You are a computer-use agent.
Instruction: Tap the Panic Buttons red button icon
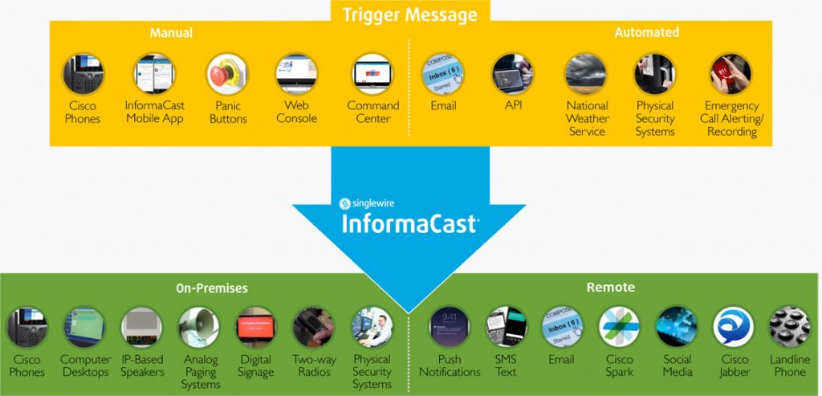click(x=227, y=75)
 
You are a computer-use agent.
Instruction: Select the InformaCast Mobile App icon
click(x=154, y=75)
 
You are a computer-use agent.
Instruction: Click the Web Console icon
click(x=296, y=75)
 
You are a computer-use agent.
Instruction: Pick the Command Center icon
click(x=373, y=75)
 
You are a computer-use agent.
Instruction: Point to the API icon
click(x=512, y=75)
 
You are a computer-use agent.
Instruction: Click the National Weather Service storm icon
click(x=587, y=75)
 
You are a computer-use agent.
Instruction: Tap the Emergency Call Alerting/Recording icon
click(x=730, y=75)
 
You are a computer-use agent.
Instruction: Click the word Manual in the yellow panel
click(x=171, y=33)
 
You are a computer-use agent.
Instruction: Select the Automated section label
click(x=646, y=33)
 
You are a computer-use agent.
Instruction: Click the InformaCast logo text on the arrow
click(x=410, y=222)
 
